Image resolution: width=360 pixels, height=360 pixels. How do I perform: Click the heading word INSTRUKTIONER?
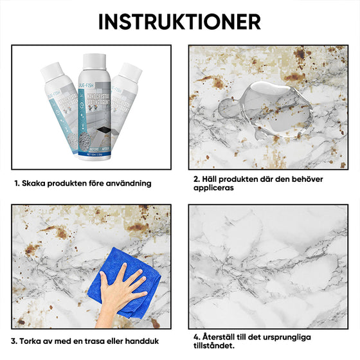179,21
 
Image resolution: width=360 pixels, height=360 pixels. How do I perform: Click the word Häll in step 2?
210,179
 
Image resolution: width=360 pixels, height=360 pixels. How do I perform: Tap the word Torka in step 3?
33,341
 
